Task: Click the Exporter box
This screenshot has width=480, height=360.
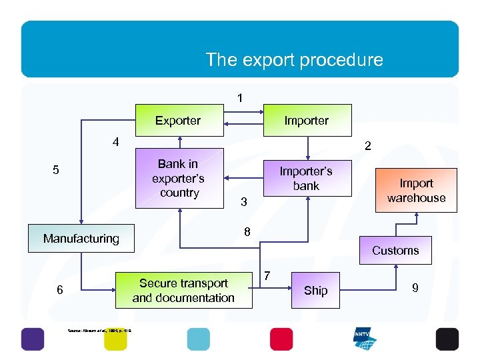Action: [178, 121]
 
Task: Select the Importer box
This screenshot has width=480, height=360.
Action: [307, 121]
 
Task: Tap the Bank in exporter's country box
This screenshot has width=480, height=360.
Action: [178, 179]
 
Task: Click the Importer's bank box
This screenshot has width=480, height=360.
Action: [307, 178]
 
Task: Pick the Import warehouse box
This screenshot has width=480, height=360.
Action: [416, 191]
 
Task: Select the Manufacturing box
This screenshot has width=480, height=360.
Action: [81, 239]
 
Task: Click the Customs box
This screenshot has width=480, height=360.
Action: [395, 251]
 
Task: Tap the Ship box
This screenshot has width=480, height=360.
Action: [315, 290]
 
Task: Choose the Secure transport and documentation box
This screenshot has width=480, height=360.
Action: [183, 291]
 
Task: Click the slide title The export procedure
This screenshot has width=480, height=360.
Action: [294, 60]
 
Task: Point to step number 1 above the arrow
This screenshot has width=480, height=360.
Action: [240, 98]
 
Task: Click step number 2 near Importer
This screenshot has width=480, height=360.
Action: [367, 145]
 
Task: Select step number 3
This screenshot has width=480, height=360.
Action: [244, 201]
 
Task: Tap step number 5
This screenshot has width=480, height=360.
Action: [56, 170]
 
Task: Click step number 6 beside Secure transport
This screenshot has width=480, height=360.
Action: [60, 290]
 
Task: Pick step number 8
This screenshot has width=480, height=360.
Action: [247, 232]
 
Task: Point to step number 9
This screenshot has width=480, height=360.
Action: [415, 288]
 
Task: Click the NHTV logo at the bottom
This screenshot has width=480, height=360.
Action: [365, 339]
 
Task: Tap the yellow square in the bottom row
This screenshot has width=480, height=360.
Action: [115, 339]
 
